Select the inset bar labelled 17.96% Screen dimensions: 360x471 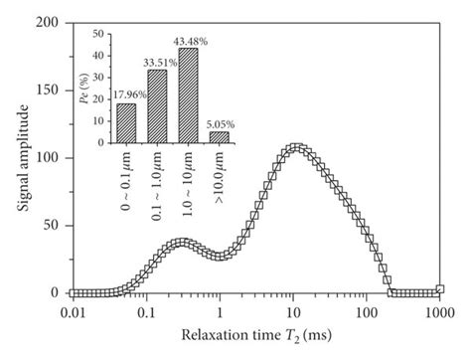pyautogui.click(x=126, y=123)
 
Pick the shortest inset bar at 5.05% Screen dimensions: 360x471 pyautogui.click(x=219, y=137)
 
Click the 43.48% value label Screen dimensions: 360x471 pyautogui.click(x=190, y=41)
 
